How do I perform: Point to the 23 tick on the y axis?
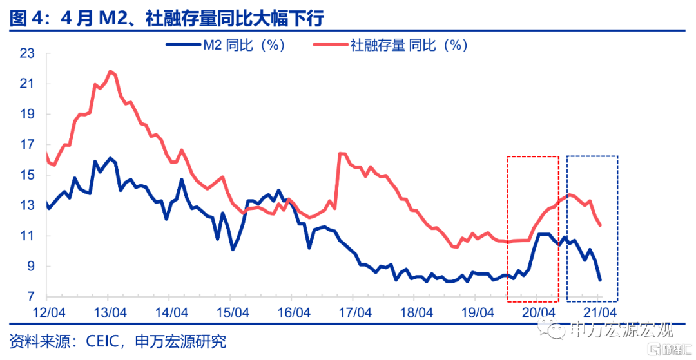tap(27, 53)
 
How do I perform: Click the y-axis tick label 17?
tap(27, 145)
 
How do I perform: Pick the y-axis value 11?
tap(27, 236)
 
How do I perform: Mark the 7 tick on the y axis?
tap(30, 297)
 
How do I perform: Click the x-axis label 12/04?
tap(47, 312)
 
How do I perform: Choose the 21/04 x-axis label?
tap(598, 312)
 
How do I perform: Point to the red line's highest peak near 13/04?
tap(111, 71)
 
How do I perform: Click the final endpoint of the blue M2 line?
tap(600, 280)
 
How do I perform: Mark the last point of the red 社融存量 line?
tap(601, 225)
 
